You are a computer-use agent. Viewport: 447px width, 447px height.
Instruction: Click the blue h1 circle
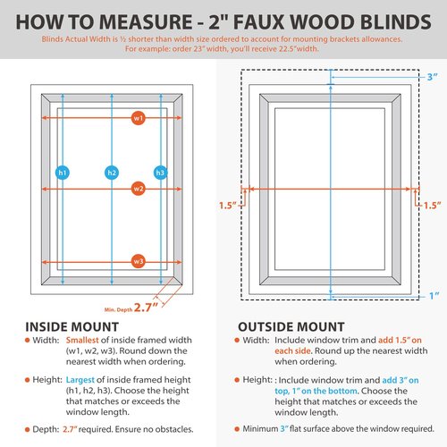click(x=62, y=172)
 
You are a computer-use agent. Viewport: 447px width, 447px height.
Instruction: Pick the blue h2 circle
click(x=112, y=172)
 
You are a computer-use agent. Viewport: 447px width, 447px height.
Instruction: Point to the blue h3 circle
click(x=161, y=172)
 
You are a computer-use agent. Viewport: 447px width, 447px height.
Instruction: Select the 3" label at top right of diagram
click(x=433, y=77)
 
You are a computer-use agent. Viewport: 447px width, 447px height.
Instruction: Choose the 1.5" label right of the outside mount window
click(x=433, y=206)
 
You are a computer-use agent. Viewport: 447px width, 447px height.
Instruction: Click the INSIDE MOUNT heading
click(x=72, y=326)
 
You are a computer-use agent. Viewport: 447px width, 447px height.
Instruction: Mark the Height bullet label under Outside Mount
click(x=259, y=381)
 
